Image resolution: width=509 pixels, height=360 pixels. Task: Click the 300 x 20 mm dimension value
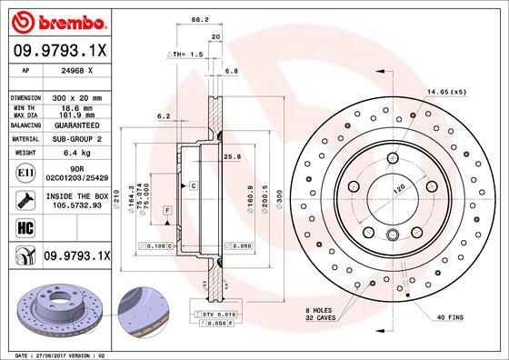coord(76,96)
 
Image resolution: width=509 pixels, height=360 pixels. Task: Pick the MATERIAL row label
coord(25,139)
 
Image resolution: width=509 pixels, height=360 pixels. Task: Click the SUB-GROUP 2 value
coord(76,139)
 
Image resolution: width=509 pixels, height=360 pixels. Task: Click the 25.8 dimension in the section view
coord(231,157)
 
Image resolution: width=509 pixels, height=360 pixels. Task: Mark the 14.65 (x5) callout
coord(446,93)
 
